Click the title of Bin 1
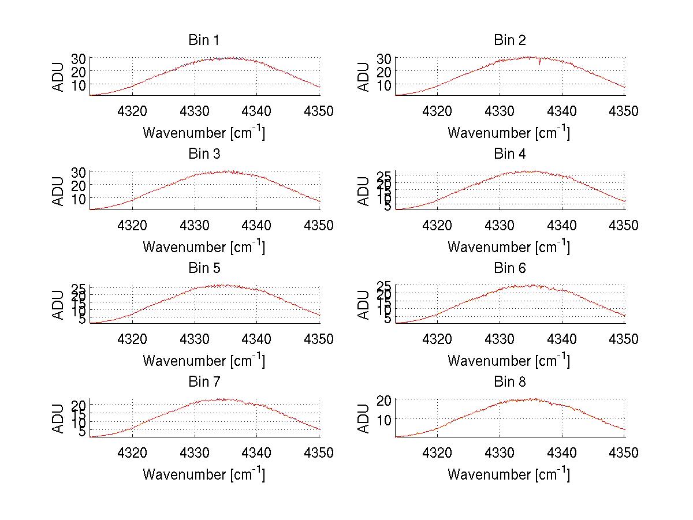[203, 40]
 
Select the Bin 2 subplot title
[509, 40]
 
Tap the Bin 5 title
[203, 268]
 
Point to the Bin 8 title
[509, 382]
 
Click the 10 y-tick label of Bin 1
[79, 84]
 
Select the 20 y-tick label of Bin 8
[385, 399]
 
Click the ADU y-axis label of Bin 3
[58, 190]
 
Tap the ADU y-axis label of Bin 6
[363, 304]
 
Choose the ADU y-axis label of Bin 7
[58, 418]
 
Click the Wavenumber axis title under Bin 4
[508, 246]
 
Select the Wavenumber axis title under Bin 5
[203, 361]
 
